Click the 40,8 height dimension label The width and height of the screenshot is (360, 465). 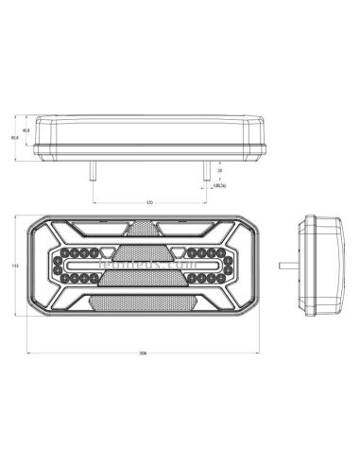tap(25, 130)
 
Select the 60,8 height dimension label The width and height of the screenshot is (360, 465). tap(14, 138)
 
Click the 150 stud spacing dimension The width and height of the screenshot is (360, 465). tap(150, 202)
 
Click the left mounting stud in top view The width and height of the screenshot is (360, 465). tap(93, 169)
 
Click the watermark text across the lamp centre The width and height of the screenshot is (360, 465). tap(142, 267)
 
